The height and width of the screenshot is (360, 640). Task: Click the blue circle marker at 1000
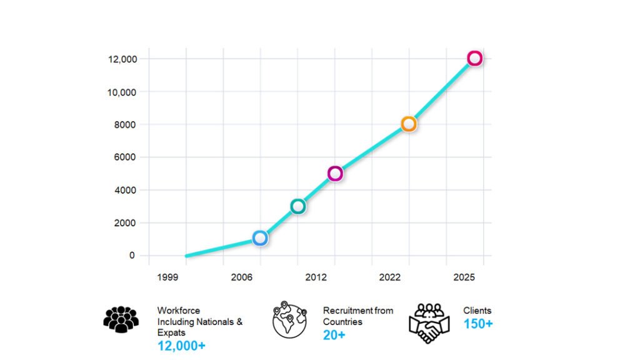tap(261, 238)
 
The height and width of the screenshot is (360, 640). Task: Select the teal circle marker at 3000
tap(298, 206)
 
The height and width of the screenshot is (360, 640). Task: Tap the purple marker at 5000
tap(335, 173)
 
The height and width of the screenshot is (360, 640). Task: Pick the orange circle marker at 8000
tap(409, 124)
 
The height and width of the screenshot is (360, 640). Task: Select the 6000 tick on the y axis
tap(125, 157)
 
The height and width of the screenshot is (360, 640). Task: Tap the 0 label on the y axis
tap(132, 255)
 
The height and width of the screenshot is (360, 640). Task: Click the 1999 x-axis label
tap(167, 277)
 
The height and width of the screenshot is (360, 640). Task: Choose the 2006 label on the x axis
tap(242, 277)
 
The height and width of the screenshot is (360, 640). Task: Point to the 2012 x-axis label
tap(316, 277)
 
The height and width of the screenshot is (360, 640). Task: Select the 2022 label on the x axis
tap(390, 277)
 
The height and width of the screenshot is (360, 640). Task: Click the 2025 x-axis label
tap(464, 277)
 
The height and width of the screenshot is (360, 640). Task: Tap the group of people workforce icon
tap(121, 319)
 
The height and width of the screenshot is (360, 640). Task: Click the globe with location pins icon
tap(289, 320)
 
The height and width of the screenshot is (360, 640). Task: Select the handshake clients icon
tap(429, 322)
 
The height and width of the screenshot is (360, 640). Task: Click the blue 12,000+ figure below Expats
tap(181, 346)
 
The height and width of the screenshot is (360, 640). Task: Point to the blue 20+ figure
tap(334, 335)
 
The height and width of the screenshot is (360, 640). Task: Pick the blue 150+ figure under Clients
tap(478, 324)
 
